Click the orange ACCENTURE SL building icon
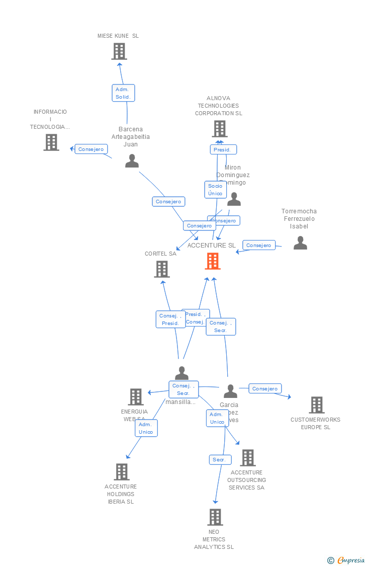pos(213,261)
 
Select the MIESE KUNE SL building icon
pos(119,51)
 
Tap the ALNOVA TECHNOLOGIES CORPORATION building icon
pos(220,129)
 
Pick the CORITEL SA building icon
pos(162,269)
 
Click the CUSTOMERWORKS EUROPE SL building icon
pos(317,405)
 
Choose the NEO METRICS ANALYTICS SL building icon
pos(215,517)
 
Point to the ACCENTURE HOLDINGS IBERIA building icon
pos(122,472)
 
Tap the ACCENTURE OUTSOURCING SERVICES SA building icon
pos(248,458)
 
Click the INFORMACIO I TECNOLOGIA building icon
pos(51,142)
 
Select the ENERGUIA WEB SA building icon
pos(136,397)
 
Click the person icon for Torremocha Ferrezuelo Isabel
pos(300,243)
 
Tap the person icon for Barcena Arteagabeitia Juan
pos(132,161)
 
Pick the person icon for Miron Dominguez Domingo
pos(234,200)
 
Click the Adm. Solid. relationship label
pos(123,93)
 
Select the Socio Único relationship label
pos(215,190)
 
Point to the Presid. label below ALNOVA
pos(223,149)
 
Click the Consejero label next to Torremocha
pos(259,245)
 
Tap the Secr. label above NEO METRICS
pos(220,460)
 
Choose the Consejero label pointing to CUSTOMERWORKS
pos(265,388)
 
